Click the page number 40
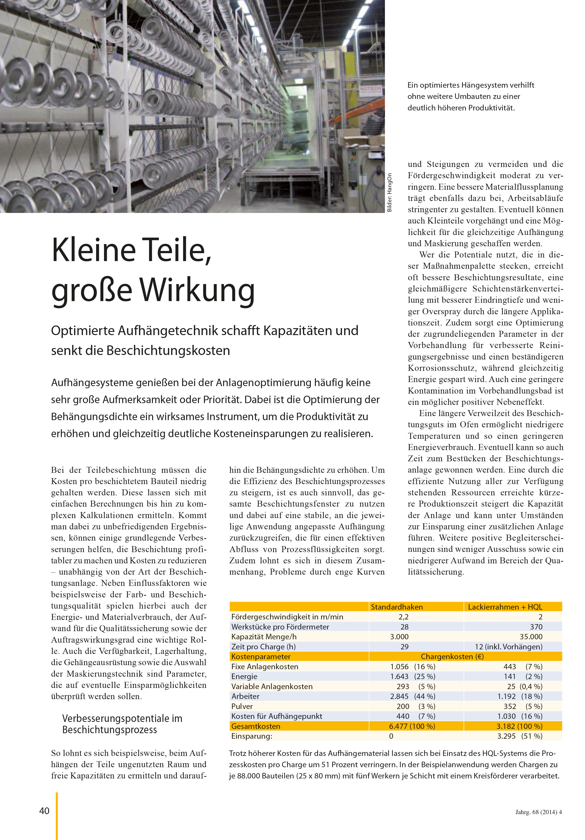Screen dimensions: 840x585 44,811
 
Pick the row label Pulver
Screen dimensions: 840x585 242,706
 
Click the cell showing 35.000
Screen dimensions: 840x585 531,637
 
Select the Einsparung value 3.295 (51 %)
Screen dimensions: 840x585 520,736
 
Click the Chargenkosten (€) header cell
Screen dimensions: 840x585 452,657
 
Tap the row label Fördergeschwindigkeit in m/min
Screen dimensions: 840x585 287,617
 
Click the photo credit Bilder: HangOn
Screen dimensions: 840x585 389,192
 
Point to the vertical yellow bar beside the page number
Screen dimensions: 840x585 57,816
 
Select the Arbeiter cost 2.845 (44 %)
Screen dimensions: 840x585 412,696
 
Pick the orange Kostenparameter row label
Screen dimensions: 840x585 261,657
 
